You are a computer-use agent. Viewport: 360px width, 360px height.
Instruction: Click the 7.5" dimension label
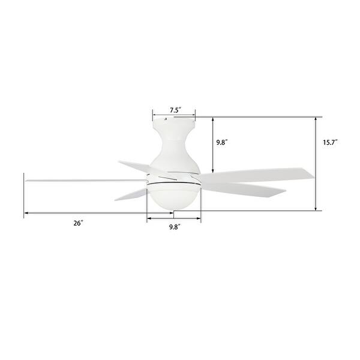175,110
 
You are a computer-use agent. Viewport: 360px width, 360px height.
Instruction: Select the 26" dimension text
78,223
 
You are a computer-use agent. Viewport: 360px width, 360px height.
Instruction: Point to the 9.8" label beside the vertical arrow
222,142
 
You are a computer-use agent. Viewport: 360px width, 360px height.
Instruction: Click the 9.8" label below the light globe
175,227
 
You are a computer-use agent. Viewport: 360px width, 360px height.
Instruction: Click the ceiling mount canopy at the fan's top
174,126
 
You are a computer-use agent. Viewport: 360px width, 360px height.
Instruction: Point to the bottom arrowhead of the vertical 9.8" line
212,173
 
